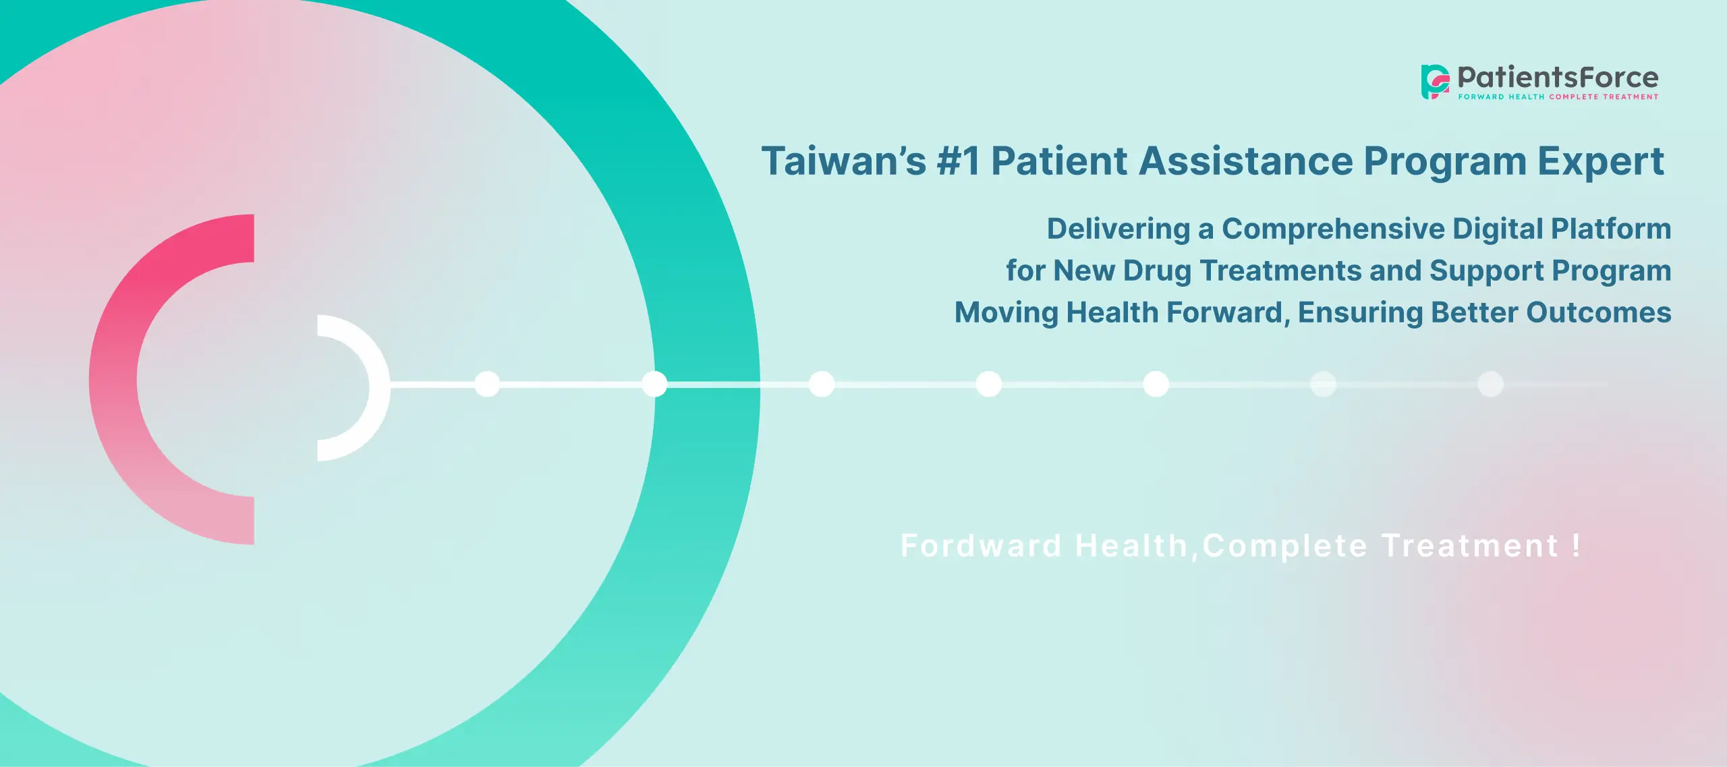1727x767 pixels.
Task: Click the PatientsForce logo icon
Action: coord(1435,82)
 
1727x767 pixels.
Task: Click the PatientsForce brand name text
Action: coord(1558,77)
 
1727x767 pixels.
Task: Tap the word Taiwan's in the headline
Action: coord(843,162)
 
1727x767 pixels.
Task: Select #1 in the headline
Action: coord(958,162)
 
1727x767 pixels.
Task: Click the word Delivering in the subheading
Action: coord(1118,229)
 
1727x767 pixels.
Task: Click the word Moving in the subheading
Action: coord(1006,313)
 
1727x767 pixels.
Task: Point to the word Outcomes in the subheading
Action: coord(1598,313)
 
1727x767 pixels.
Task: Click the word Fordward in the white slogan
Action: coord(981,546)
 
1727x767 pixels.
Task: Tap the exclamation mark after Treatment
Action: coord(1576,545)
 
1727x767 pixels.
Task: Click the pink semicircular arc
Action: coord(115,378)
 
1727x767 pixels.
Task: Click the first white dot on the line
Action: coord(487,385)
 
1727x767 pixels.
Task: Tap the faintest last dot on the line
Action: coord(1490,385)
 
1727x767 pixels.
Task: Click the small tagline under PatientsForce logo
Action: coord(1558,97)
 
